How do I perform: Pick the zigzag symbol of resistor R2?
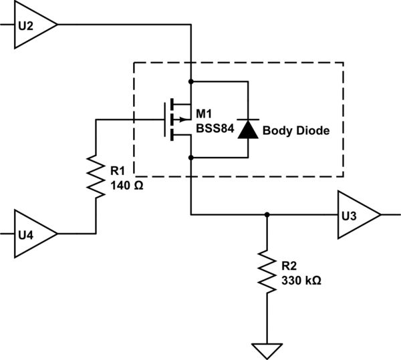point(267,271)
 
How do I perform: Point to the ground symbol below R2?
point(267,349)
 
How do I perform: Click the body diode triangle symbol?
point(249,129)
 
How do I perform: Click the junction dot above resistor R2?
point(267,215)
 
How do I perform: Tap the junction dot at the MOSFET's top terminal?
point(191,81)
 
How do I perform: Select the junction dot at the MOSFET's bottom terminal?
point(191,158)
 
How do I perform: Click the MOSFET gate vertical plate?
point(165,120)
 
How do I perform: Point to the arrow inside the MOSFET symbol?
point(178,120)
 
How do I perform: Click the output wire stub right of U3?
point(391,215)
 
